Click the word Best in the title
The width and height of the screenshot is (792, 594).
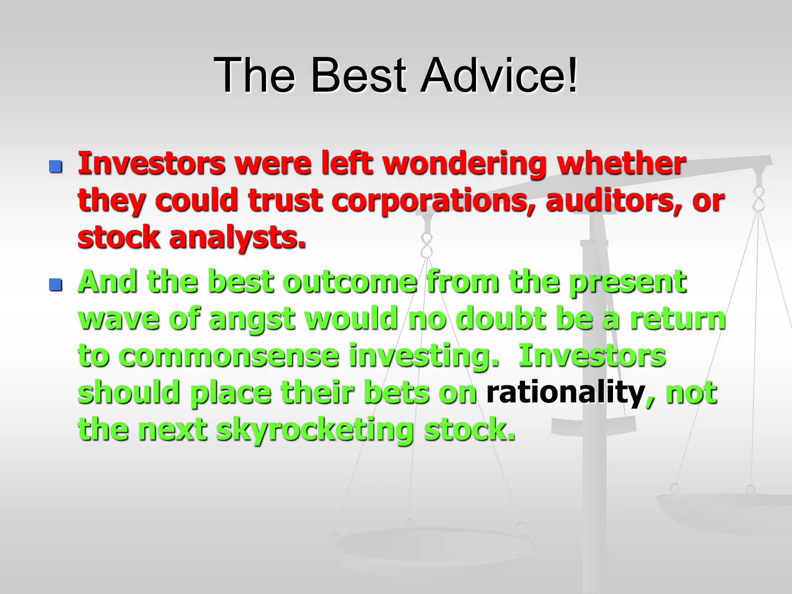coord(358,75)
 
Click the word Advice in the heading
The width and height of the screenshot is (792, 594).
coord(493,75)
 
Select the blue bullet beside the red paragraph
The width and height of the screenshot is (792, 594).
coord(56,167)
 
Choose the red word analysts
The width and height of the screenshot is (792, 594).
coord(237,237)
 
